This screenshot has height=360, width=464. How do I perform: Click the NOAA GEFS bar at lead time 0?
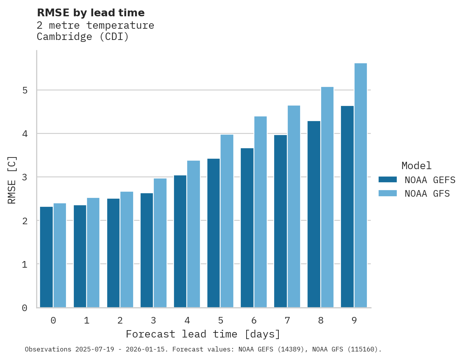pos(46,257)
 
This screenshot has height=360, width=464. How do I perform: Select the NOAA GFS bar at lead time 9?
pos(361,185)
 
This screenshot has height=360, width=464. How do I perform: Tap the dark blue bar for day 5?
pos(214,233)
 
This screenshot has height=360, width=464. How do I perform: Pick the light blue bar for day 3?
pos(160,243)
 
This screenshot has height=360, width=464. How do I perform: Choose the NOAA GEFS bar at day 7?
pos(280,221)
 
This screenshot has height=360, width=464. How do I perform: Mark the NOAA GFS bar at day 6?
pos(260,212)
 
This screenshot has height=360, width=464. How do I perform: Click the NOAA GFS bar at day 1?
pos(93,253)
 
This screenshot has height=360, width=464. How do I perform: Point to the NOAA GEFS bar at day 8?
pos(314,214)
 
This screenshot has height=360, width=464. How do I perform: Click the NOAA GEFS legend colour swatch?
pos(388,180)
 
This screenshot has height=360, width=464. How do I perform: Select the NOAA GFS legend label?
pos(427,194)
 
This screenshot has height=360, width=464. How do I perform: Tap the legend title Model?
pos(417,166)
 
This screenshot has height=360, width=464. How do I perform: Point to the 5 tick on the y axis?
pos(24,90)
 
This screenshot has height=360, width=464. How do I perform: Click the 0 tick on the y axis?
pos(24,308)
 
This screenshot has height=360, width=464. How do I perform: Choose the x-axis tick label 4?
pos(187,321)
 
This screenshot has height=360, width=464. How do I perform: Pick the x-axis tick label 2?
pos(120,321)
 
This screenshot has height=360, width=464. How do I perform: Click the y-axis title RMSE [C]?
pos(12,180)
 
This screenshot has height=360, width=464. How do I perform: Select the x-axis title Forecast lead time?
pos(203,334)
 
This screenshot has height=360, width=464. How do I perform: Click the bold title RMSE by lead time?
pos(90,13)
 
